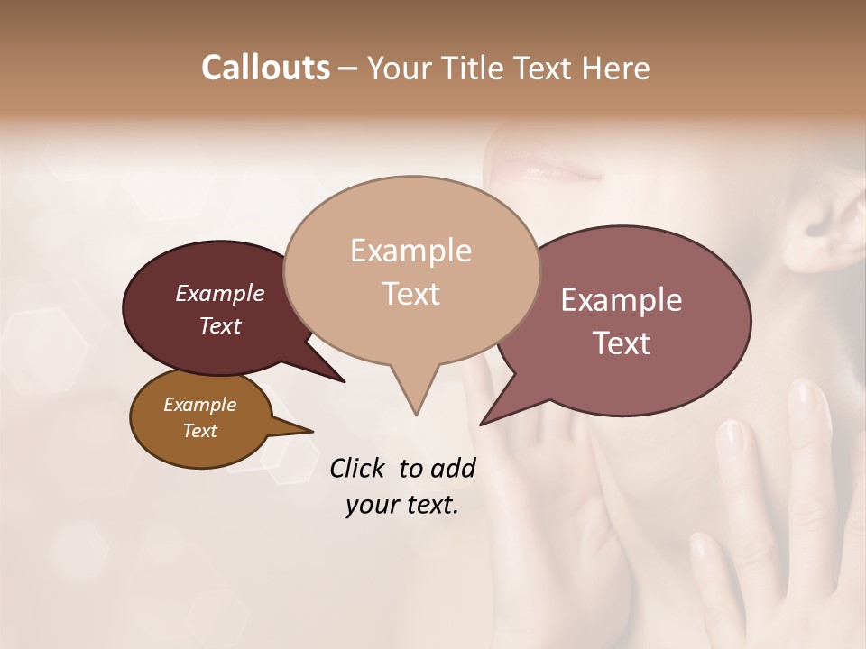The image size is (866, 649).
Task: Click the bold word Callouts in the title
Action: click(x=265, y=68)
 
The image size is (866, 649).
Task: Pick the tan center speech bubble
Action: click(x=411, y=270)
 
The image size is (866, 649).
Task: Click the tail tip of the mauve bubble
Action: click(x=481, y=424)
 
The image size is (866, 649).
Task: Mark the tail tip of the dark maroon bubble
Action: click(x=344, y=381)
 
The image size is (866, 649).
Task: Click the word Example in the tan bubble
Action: click(x=411, y=251)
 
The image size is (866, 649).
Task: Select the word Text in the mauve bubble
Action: click(x=622, y=343)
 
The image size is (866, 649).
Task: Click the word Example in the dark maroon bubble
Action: click(x=220, y=294)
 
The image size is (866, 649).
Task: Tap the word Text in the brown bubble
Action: click(x=200, y=431)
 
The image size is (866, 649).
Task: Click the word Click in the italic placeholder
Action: click(x=358, y=468)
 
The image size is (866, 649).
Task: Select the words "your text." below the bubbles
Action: click(x=402, y=506)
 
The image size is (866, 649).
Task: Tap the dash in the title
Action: click(x=348, y=69)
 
